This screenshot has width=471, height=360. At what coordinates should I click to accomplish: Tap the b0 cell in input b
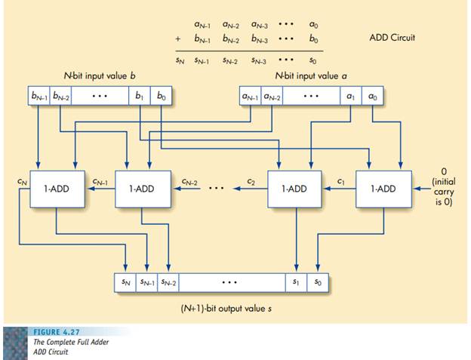(161, 97)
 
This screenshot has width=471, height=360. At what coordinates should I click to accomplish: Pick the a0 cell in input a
(372, 97)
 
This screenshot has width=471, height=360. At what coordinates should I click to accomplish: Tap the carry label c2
(252, 181)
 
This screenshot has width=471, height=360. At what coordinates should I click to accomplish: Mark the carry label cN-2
(190, 181)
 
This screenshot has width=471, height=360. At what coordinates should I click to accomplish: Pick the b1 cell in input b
(140, 97)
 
